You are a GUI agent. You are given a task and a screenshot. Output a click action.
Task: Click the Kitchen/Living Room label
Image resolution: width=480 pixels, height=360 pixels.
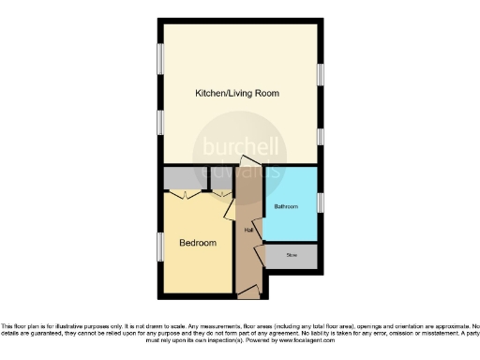point(236,94)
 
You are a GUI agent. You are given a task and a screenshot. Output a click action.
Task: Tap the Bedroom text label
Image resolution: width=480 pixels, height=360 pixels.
point(198,243)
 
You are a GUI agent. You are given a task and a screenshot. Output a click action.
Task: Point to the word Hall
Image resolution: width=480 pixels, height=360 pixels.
point(249,230)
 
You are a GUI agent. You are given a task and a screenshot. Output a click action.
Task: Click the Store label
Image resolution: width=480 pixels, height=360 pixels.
point(291,253)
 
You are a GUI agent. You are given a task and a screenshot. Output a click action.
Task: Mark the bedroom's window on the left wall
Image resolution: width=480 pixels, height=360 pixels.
point(158,247)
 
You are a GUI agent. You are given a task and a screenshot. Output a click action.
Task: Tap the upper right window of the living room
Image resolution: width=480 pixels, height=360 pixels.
point(320,74)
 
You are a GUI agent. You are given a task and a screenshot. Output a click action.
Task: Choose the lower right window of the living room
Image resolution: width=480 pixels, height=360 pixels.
point(320,137)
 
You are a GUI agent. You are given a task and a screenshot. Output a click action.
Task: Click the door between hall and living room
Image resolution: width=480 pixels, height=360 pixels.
point(246,162)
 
